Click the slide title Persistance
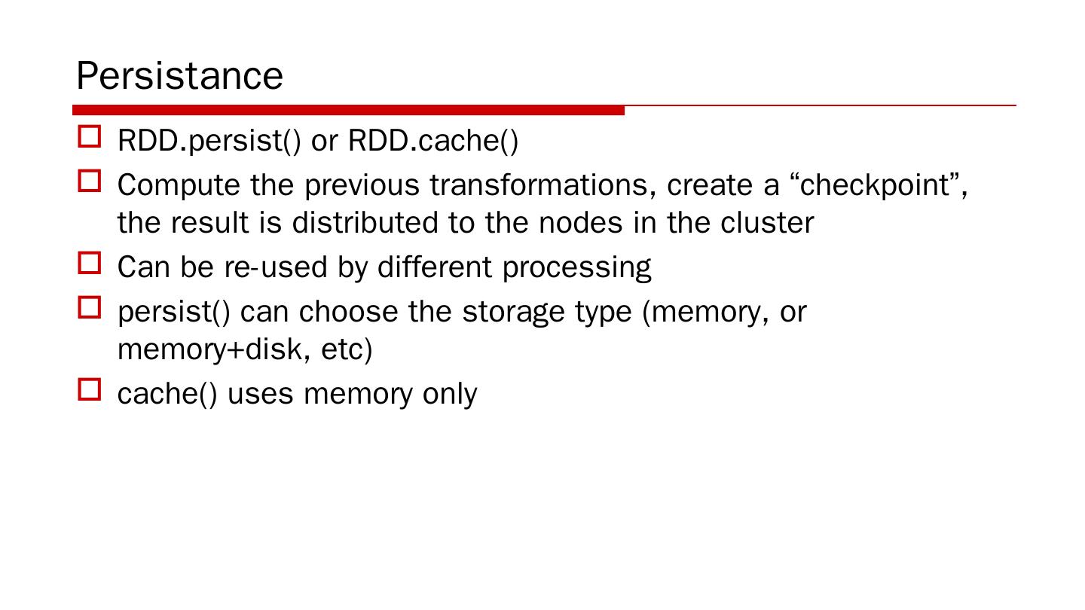(179, 76)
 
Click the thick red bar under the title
(348, 111)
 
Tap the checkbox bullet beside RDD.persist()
(89, 137)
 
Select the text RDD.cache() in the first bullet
(433, 141)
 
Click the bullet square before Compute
(89, 181)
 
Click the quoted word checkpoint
(879, 185)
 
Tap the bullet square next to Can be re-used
(89, 264)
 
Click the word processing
(576, 268)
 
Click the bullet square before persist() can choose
(89, 307)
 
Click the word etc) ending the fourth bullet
(347, 350)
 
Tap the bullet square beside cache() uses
(89, 390)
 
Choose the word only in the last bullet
(450, 395)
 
